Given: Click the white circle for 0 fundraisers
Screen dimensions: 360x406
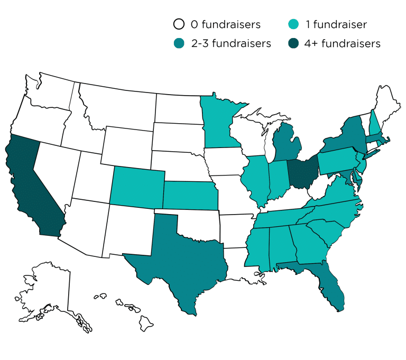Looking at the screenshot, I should tap(179, 24).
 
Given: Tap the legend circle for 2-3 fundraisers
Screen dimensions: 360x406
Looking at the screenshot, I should tap(179, 43).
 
